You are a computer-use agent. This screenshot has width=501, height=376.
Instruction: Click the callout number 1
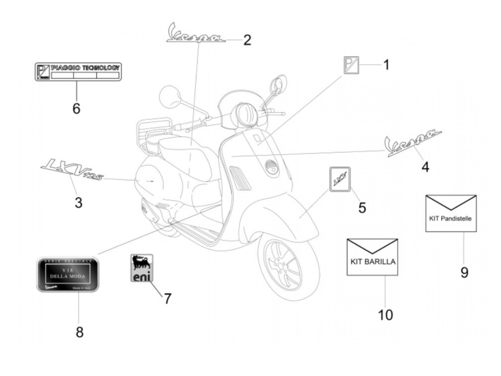pyautogui.click(x=386, y=65)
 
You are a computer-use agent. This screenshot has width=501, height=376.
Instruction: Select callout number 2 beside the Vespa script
pyautogui.click(x=247, y=40)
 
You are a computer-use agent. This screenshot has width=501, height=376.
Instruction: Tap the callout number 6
pyautogui.click(x=76, y=108)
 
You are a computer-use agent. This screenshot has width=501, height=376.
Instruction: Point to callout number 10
pyautogui.click(x=385, y=315)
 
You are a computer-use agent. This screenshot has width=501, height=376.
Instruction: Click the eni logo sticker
pyautogui.click(x=142, y=268)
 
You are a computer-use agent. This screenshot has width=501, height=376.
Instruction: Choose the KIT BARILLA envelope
pyautogui.click(x=372, y=257)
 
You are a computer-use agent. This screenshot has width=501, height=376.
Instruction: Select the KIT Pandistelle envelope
pyautogui.click(x=451, y=213)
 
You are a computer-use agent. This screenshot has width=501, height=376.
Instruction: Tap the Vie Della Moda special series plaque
pyautogui.click(x=68, y=274)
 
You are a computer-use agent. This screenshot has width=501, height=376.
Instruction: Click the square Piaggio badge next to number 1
pyautogui.click(x=351, y=65)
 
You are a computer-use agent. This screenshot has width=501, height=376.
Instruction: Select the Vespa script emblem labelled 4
pyautogui.click(x=413, y=142)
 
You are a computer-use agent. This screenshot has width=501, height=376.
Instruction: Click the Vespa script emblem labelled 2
pyautogui.click(x=196, y=35)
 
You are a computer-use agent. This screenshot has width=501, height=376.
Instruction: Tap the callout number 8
pyautogui.click(x=79, y=332)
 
